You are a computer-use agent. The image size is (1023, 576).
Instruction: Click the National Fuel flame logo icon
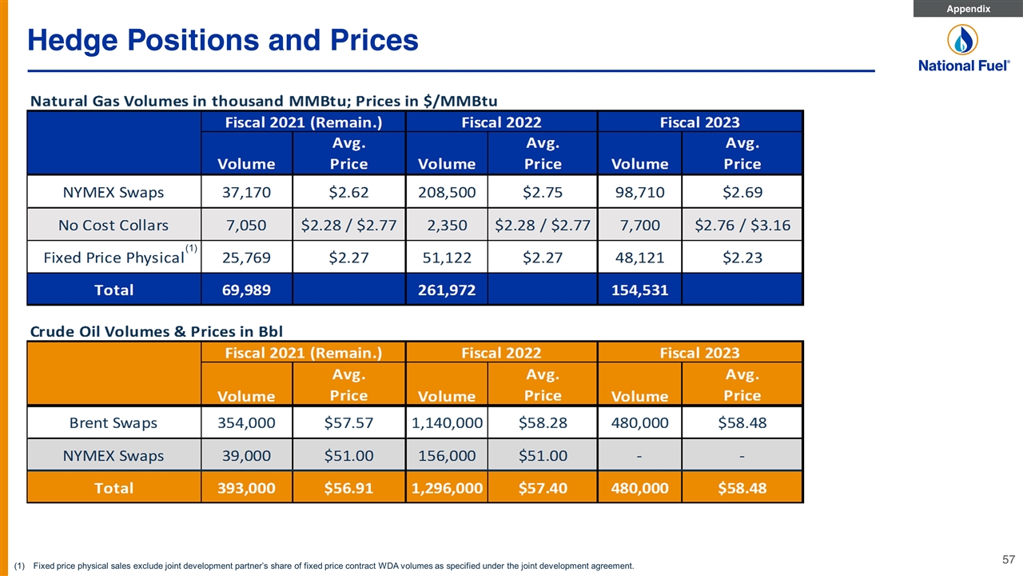(x=962, y=40)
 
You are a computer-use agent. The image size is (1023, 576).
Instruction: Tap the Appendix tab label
(x=968, y=9)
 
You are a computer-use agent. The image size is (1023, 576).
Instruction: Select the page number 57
(x=1009, y=559)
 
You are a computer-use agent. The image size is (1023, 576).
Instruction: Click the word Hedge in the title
(x=73, y=41)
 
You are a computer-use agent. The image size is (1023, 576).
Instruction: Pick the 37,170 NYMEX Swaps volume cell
(x=247, y=192)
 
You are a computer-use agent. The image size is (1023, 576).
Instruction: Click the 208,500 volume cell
(x=447, y=192)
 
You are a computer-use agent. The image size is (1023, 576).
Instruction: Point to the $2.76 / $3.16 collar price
(x=742, y=225)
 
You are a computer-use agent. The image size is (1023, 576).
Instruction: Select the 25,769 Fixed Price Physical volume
(x=247, y=258)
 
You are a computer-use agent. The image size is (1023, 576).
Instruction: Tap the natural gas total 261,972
(x=447, y=290)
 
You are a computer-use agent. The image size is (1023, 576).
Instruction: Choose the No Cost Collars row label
(x=113, y=225)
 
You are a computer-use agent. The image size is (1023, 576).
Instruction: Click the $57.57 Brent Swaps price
(x=348, y=422)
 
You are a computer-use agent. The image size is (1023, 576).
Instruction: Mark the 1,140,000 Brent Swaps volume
(x=447, y=422)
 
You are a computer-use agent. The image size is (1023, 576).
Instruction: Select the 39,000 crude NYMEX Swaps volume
(x=247, y=455)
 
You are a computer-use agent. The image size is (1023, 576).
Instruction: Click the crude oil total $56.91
(x=348, y=488)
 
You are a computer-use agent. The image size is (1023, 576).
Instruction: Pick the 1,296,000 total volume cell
(x=447, y=488)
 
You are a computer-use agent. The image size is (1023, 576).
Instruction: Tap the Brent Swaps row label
(x=113, y=422)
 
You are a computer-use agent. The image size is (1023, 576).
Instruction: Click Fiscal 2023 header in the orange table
(x=699, y=353)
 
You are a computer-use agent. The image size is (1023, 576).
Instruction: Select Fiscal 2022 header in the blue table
(x=501, y=122)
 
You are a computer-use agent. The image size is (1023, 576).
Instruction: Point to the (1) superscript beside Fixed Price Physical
(x=191, y=248)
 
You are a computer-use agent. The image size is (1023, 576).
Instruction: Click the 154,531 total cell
(x=639, y=290)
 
